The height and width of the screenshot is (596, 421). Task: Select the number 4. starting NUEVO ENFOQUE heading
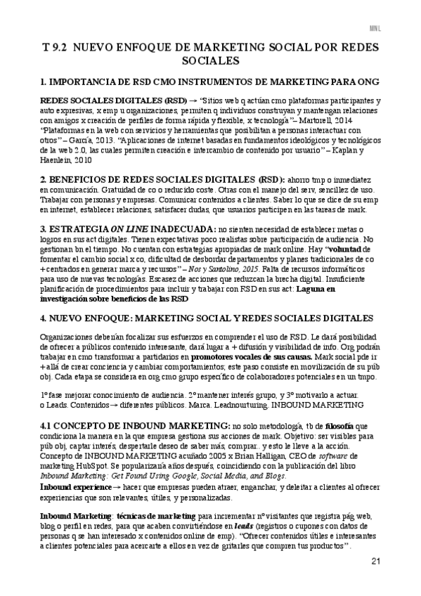coord(44,318)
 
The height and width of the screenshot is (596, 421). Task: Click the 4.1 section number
coord(47,426)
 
